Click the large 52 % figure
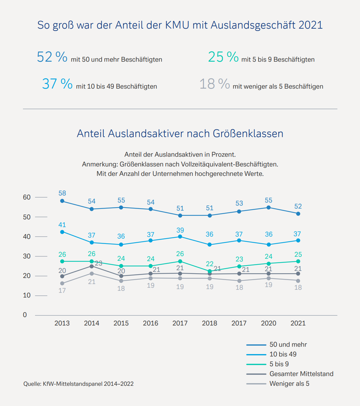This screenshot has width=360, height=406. pyautogui.click(x=52, y=57)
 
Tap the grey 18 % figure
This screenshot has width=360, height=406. pyautogui.click(x=215, y=84)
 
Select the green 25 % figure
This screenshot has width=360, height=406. pyautogui.click(x=223, y=57)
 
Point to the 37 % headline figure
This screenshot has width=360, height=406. pyautogui.click(x=57, y=84)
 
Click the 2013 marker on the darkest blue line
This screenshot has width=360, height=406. pyautogui.click(x=62, y=201)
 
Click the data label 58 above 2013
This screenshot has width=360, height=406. pyautogui.click(x=62, y=193)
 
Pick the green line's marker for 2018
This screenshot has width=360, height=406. pyautogui.click(x=209, y=271)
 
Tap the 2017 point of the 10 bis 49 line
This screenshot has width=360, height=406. pyautogui.click(x=180, y=237)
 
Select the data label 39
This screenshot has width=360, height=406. pyautogui.click(x=180, y=230)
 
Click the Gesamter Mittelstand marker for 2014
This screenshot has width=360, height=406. pyautogui.click(x=92, y=266)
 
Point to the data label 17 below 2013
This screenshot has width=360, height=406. pyautogui.click(x=62, y=290)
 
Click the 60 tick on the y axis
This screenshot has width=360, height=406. pyautogui.click(x=27, y=197)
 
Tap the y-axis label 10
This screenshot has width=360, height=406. pyautogui.click(x=27, y=295)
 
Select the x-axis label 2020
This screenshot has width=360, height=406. pyautogui.click(x=268, y=323)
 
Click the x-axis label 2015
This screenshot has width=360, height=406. pyautogui.click(x=121, y=323)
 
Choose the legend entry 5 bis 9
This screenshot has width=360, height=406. pyautogui.click(x=279, y=364)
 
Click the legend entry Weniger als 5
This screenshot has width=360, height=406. pyautogui.click(x=289, y=384)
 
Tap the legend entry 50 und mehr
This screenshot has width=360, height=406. pyautogui.click(x=288, y=345)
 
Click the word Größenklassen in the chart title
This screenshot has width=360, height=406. pyautogui.click(x=248, y=134)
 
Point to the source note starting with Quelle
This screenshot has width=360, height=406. pyautogui.click(x=78, y=384)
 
